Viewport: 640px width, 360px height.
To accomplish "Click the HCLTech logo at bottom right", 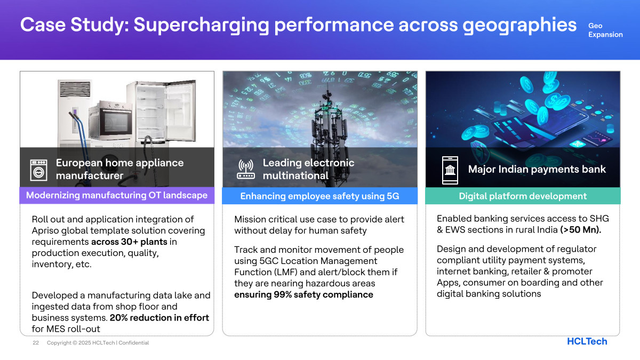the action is (x=587, y=341).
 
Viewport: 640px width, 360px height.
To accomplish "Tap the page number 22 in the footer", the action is (x=36, y=342).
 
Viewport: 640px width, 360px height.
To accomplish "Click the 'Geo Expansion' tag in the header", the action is (x=605, y=30).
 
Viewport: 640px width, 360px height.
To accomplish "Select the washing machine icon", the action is (x=38, y=170).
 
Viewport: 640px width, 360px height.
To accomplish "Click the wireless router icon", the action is (x=246, y=169).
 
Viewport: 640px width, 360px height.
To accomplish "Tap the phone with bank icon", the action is (x=450, y=170).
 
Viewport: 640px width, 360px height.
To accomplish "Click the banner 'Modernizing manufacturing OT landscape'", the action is (x=117, y=195).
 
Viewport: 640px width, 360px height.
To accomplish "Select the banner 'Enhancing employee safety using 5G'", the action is (x=319, y=196).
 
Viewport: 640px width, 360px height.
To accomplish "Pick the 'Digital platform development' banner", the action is (x=523, y=196).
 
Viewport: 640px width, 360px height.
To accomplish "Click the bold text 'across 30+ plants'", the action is (x=129, y=242).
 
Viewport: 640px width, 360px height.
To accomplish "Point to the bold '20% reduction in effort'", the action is (x=159, y=318).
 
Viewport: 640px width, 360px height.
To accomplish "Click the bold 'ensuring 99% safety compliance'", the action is (x=303, y=294).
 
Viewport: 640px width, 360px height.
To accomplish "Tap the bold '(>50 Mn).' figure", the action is (x=581, y=230).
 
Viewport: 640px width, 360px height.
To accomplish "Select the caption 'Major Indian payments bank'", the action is (x=537, y=169).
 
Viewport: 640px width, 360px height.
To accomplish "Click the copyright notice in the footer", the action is (x=98, y=342).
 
